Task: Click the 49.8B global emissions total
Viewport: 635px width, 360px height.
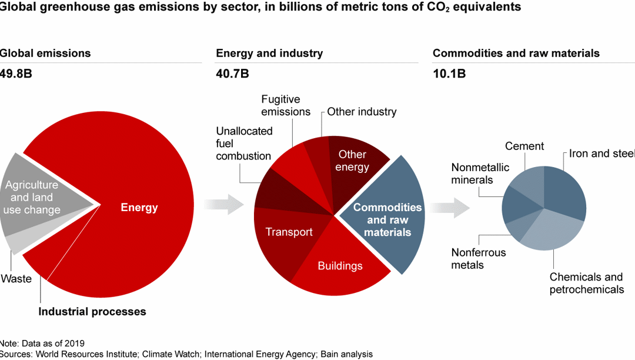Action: click(16, 74)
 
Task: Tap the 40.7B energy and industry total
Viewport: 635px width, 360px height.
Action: click(232, 74)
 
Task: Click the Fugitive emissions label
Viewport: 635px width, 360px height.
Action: click(286, 105)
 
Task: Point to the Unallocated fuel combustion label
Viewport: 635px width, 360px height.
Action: click(243, 143)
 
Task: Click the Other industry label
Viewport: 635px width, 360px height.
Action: click(362, 111)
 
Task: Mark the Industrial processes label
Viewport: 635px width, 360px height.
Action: click(92, 311)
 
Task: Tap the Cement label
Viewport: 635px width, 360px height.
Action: click(524, 146)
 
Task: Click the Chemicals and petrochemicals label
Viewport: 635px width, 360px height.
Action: click(586, 283)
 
